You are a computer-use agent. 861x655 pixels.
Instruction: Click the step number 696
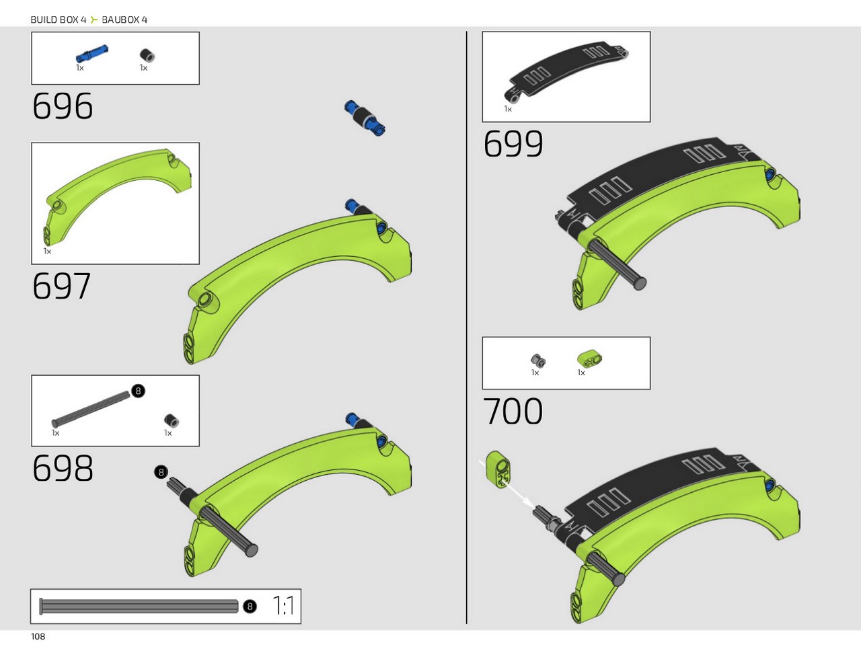pos(63,106)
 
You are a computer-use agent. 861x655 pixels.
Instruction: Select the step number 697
pos(62,286)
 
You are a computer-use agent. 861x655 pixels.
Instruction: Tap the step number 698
pos(63,467)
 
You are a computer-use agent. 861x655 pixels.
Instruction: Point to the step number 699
pos(513,144)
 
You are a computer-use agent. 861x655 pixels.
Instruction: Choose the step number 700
pos(513,411)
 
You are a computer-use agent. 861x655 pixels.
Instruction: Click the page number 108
pos(38,637)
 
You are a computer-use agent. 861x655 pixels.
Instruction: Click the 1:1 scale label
pos(283,606)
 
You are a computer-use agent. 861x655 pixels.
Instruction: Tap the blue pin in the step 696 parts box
pos(91,54)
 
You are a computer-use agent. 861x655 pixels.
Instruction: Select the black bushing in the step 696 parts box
pos(147,56)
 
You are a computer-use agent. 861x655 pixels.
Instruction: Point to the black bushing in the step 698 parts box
pos(172,420)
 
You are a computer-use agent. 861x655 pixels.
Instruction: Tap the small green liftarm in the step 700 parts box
pos(589,358)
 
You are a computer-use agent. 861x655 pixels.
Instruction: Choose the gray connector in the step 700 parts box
pos(537,360)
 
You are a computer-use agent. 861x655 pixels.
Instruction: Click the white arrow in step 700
pos(506,484)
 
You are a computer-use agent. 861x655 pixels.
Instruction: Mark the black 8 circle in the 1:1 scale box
pos(250,607)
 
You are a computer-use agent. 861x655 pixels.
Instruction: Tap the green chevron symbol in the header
pos(93,20)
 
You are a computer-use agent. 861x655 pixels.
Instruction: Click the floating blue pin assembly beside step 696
pos(365,118)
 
